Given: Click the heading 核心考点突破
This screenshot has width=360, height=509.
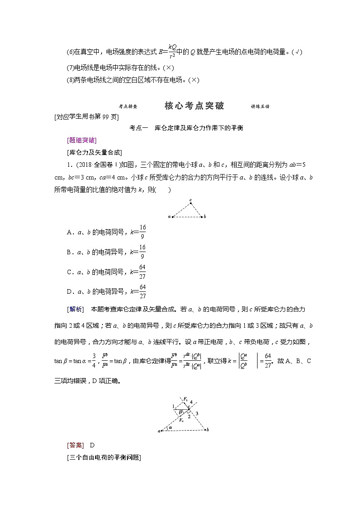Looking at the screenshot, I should pyautogui.click(x=194, y=106).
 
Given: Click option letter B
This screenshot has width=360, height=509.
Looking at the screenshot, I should pyautogui.click(x=70, y=252).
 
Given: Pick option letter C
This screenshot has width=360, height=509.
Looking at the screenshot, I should pyautogui.click(x=70, y=272).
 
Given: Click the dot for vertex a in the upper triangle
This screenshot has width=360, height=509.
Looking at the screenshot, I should pyautogui.click(x=173, y=217).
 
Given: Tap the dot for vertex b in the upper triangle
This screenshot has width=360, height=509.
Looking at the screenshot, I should pyautogui.click(x=201, y=217).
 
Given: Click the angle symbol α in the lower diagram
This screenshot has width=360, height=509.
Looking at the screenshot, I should pyautogui.click(x=170, y=427).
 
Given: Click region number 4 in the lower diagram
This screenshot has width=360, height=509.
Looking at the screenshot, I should pyautogui.click(x=191, y=402).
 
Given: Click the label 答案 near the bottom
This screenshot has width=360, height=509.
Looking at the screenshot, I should pyautogui.click(x=75, y=445).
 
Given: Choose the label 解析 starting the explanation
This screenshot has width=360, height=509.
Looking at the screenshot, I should pyautogui.click(x=75, y=309).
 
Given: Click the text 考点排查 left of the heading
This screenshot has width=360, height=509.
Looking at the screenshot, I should pyautogui.click(x=128, y=107).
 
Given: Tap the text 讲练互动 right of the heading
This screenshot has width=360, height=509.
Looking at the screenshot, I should pyautogui.click(x=260, y=107).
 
